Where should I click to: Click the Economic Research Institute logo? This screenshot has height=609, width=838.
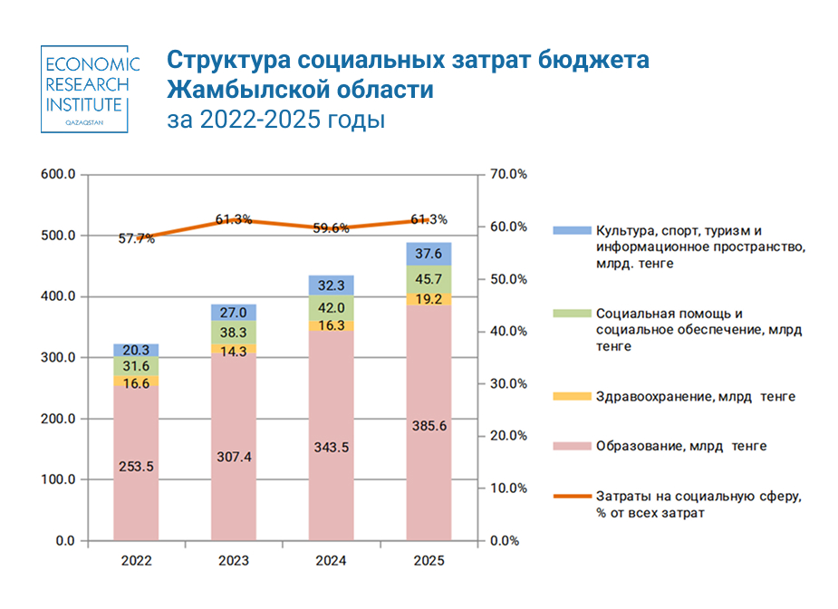coord(91,89)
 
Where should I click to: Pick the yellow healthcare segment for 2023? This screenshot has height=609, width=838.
coord(235,349)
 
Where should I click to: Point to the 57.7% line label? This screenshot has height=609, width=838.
coord(136,239)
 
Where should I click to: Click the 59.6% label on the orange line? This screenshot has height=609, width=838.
coord(332,228)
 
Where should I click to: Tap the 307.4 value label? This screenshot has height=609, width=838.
coord(235,457)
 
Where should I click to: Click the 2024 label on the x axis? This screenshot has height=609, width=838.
coord(332,562)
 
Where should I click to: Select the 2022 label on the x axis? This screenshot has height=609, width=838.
coord(136,562)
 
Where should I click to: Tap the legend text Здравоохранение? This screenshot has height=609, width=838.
coord(647,396)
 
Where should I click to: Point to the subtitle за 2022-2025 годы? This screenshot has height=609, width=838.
coord(276,120)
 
